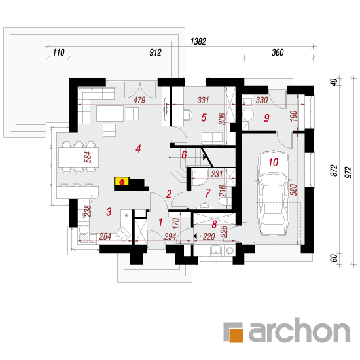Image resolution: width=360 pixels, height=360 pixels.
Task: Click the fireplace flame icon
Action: click(122, 182)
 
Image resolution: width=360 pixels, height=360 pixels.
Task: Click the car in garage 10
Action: click(273, 193)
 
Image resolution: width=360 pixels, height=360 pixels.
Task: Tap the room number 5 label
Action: click(204, 118)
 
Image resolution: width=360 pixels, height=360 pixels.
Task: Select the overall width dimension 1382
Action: click(198, 41)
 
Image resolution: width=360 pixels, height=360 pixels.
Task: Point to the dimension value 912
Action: click(155, 52)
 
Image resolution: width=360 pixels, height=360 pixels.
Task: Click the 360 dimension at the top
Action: click(278, 52)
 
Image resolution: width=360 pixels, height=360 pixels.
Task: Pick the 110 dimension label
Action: click(58, 52)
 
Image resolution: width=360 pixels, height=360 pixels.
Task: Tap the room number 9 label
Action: click(266, 118)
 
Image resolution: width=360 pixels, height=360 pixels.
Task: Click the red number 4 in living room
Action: click(138, 149)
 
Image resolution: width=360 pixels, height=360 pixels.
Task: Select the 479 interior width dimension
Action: click(139, 100)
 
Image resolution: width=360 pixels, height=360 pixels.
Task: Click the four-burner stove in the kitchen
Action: click(123, 234)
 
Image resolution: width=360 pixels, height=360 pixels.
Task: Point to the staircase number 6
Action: click(184, 155)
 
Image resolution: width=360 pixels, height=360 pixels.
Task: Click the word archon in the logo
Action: click(300, 330)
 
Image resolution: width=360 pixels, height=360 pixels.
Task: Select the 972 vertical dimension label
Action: click(348, 172)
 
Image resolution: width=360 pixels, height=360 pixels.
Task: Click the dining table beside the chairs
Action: click(79, 157)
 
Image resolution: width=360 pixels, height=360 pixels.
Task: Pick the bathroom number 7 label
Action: click(207, 193)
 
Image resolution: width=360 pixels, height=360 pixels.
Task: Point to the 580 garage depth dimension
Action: click(294, 190)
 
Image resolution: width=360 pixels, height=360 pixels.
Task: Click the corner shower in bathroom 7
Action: click(199, 177)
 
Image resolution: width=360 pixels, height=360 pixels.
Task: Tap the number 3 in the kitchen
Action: click(109, 212)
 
